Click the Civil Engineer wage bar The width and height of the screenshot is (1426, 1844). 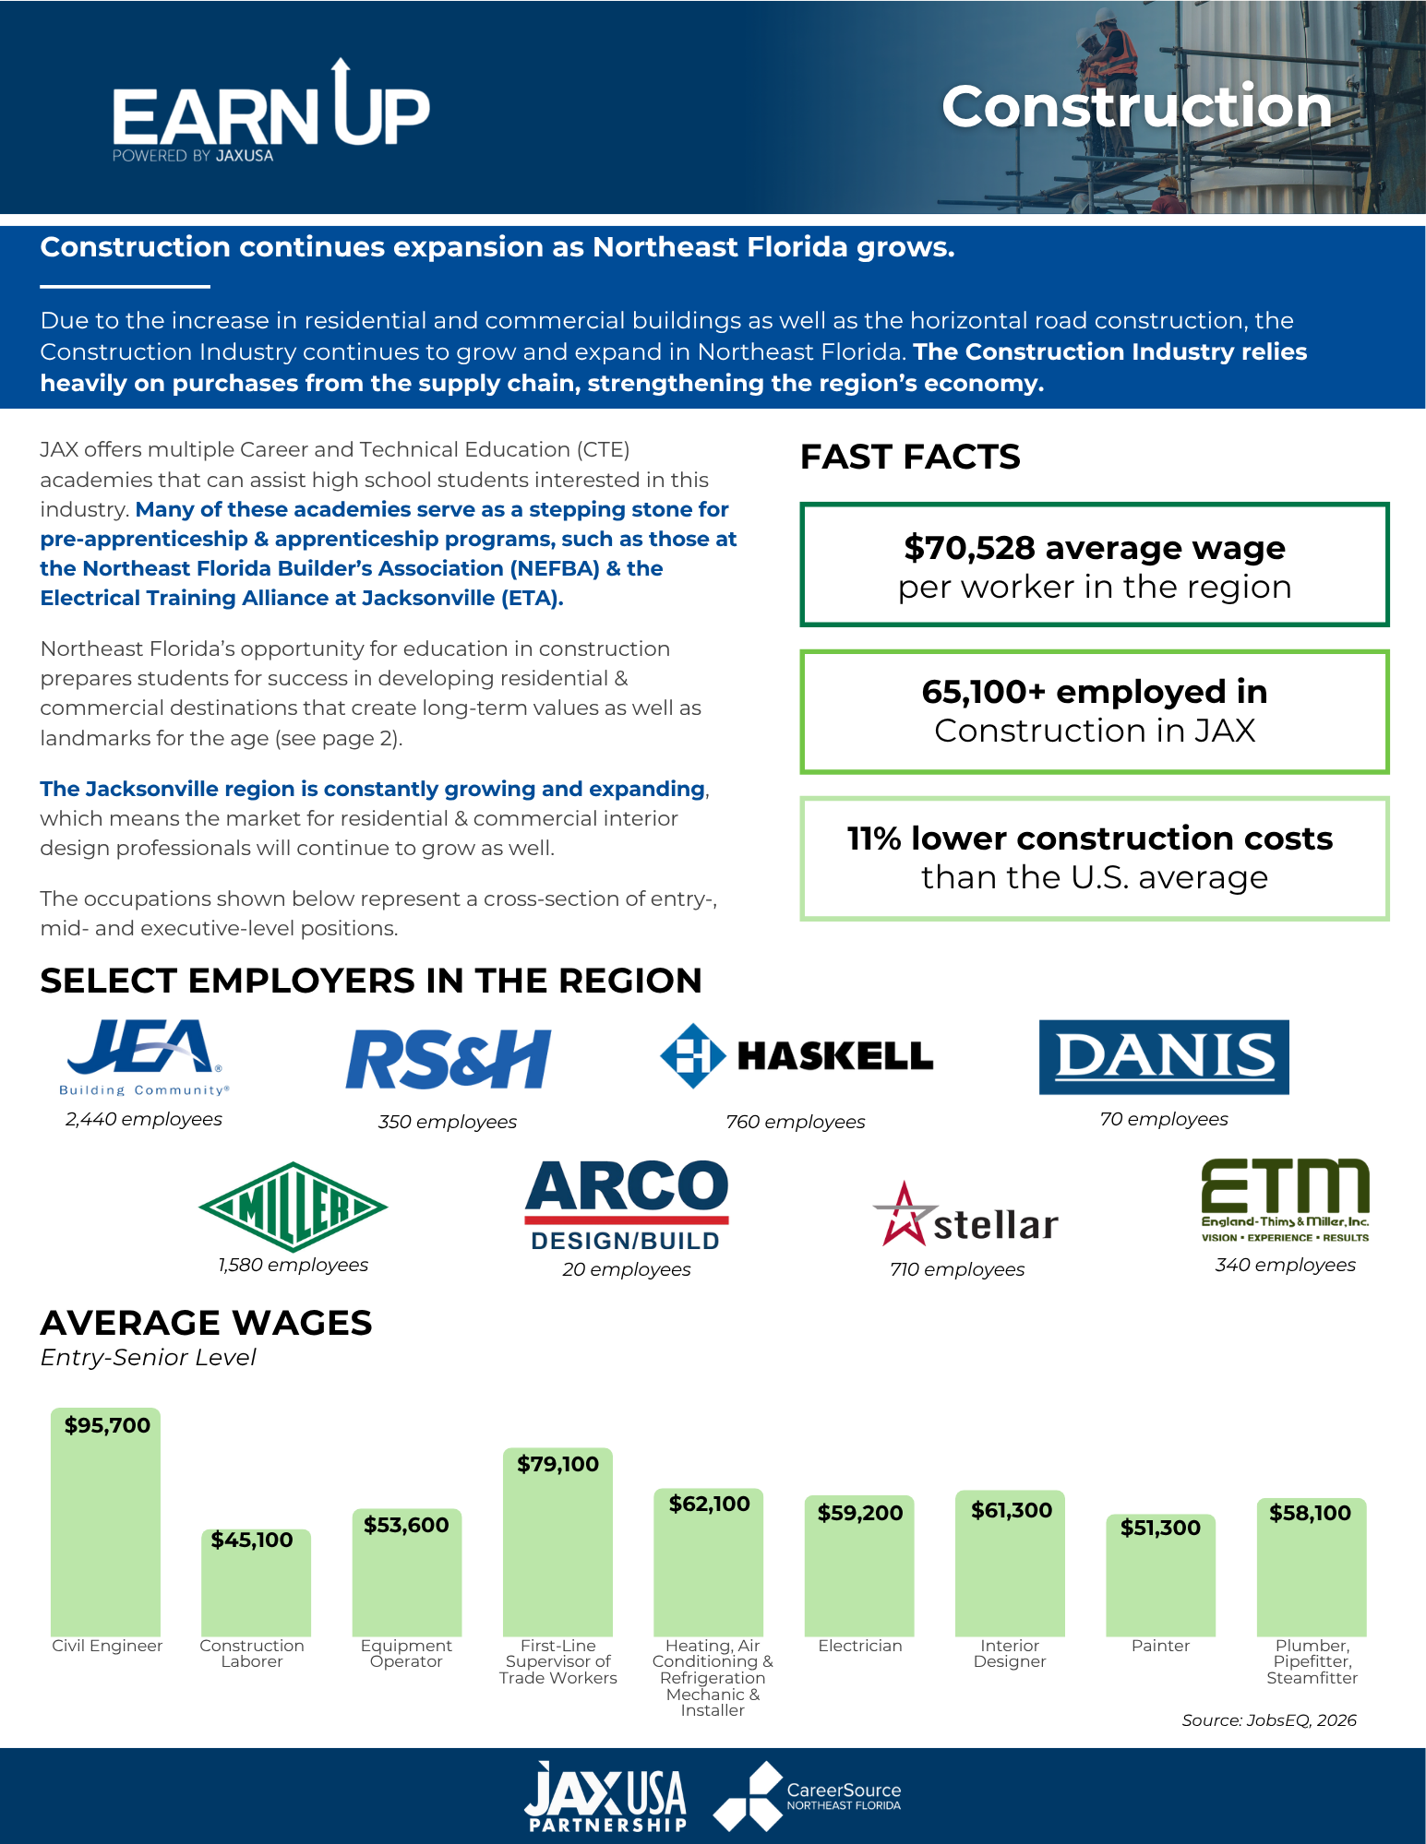[105, 1522]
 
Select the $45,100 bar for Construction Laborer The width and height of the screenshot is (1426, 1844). [256, 1583]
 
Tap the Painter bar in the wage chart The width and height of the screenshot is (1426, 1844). [1160, 1575]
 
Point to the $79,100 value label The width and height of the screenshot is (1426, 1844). [557, 1464]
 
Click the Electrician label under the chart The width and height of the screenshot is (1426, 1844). [859, 1646]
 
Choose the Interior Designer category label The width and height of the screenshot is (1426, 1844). [1010, 1653]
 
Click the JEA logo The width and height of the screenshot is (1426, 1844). [143, 1057]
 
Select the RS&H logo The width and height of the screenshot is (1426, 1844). [448, 1059]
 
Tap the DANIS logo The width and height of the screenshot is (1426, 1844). [1164, 1057]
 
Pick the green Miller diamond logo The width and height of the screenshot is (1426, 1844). [293, 1207]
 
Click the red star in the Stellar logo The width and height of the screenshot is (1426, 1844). [904, 1214]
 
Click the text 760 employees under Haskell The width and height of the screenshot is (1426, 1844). [796, 1122]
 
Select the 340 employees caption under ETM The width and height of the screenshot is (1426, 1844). [1285, 1265]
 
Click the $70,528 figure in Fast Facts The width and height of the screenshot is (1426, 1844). [969, 548]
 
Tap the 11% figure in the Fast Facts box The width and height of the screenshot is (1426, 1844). [873, 839]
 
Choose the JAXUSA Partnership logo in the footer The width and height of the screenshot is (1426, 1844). [605, 1796]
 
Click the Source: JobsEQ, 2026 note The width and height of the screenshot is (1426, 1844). [1269, 1720]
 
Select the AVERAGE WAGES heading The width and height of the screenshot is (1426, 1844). [206, 1323]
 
